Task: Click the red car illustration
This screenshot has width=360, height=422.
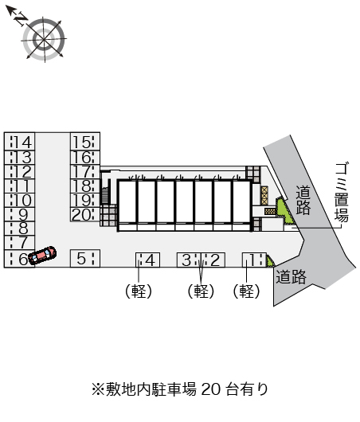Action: coord(42,256)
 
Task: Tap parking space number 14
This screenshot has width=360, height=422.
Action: coord(20,142)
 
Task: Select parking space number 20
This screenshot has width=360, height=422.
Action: coord(85,214)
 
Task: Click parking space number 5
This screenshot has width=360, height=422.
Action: coord(85,258)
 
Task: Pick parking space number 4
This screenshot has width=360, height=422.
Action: coord(147,260)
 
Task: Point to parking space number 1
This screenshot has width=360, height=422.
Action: coord(254,260)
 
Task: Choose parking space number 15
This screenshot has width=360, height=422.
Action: coord(85,142)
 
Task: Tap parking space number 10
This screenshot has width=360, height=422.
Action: coord(20,201)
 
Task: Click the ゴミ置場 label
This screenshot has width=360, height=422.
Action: coord(342,192)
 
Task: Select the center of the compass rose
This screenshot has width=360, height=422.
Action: coord(44,39)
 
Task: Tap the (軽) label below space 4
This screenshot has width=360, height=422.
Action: coord(139,291)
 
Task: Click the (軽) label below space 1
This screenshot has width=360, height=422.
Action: coord(246,291)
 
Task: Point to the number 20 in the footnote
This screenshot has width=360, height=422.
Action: coord(212,389)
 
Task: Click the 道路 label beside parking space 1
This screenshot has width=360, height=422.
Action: coord(291,276)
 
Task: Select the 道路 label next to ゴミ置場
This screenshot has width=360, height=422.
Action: coord(303,200)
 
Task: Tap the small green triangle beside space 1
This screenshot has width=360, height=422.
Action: coord(270,261)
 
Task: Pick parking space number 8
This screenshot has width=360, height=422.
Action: coord(20,229)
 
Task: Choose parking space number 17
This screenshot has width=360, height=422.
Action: coord(85,172)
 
